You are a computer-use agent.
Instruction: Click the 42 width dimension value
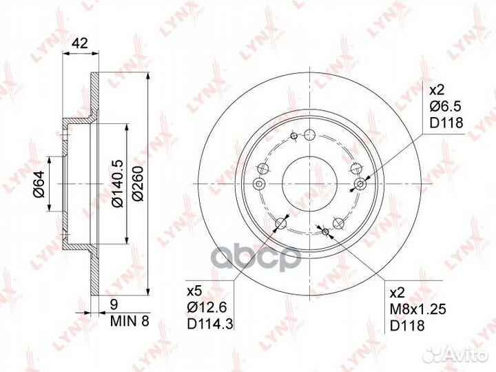pos(80,43)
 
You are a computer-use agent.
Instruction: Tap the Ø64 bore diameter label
pos(40,183)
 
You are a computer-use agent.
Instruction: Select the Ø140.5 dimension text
pos(118,184)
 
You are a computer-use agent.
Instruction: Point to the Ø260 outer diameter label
pos(138,184)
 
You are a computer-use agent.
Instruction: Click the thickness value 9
pos(114,304)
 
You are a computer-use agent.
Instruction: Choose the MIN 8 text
pos(130,321)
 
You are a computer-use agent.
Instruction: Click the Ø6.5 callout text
pos(445,107)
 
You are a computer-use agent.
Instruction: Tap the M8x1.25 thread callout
pos(418,309)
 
